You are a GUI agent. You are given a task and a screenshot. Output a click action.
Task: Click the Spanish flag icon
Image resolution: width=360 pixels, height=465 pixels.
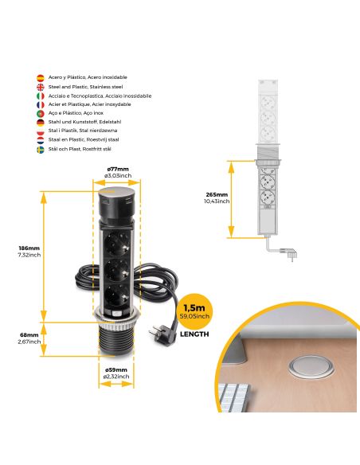coord(41,78)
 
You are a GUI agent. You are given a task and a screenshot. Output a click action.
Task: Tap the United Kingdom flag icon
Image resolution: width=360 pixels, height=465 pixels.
coord(41,87)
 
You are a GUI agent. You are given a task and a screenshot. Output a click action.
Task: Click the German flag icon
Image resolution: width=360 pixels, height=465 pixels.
coord(41,123)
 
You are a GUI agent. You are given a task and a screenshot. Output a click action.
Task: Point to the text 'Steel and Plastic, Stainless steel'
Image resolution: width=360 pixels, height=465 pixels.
coord(87,87)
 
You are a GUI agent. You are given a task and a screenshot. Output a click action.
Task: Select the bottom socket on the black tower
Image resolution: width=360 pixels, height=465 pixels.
coord(117,298)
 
